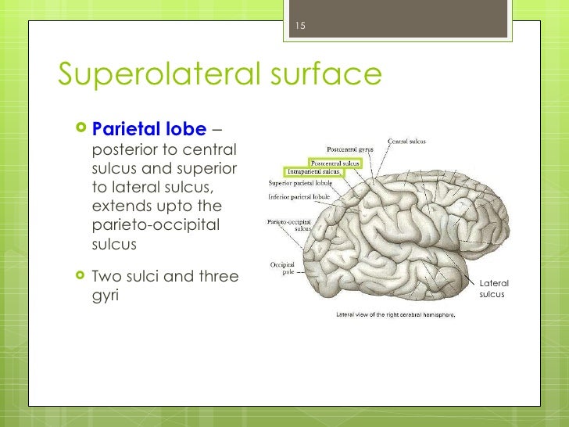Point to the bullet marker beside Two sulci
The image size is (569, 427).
82,276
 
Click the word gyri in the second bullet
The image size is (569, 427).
105,296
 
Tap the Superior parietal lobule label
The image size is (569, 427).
300,183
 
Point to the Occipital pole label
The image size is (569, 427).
282,268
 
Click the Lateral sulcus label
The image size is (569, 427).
494,289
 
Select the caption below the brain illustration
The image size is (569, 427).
395,314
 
